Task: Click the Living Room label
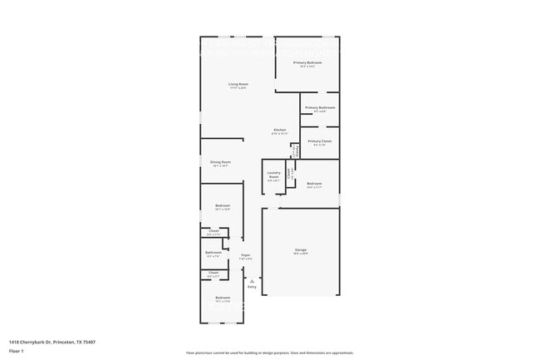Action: (x=239, y=84)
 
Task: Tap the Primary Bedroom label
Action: (x=307, y=63)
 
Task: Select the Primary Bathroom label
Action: (x=320, y=107)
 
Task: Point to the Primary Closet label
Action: (x=319, y=141)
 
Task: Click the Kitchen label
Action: (x=281, y=130)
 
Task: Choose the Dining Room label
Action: (x=220, y=162)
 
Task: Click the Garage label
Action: (x=301, y=249)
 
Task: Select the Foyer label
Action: (x=246, y=255)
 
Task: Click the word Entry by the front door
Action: (x=252, y=287)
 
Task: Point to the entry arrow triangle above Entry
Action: (x=252, y=281)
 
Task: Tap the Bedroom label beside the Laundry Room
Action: (x=314, y=184)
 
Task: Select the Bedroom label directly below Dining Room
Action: (x=223, y=205)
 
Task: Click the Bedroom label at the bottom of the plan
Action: (x=223, y=298)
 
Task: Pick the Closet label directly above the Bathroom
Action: (x=214, y=231)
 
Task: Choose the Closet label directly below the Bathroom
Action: (x=214, y=273)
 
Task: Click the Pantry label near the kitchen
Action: (x=295, y=150)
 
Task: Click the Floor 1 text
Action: (x=16, y=352)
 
